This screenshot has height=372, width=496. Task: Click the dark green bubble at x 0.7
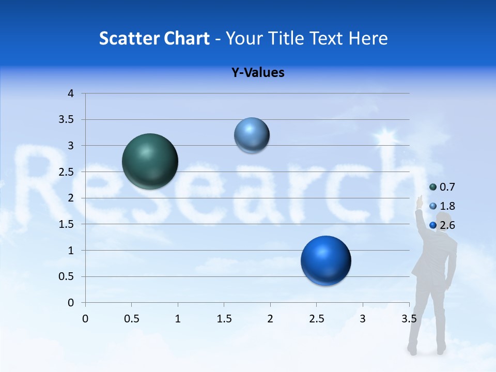pyautogui.click(x=150, y=161)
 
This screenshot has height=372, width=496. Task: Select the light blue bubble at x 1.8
pyautogui.click(x=252, y=135)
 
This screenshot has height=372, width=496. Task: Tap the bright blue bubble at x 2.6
pyautogui.click(x=326, y=260)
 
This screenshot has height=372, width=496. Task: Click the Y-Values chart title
pyautogui.click(x=257, y=73)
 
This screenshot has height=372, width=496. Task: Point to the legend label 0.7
pyautogui.click(x=447, y=187)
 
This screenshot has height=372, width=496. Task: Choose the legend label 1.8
pyautogui.click(x=447, y=206)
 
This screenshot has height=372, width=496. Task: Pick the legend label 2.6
pyautogui.click(x=447, y=225)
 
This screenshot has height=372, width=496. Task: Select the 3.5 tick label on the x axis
pyautogui.click(x=409, y=318)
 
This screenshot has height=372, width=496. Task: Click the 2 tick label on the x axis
pyautogui.click(x=270, y=318)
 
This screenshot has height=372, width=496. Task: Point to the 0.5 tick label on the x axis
pyautogui.click(x=131, y=318)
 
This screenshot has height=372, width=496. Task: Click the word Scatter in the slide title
pyautogui.click(x=129, y=38)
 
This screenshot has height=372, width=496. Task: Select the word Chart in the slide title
pyautogui.click(x=187, y=38)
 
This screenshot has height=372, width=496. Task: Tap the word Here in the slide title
pyautogui.click(x=367, y=38)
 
